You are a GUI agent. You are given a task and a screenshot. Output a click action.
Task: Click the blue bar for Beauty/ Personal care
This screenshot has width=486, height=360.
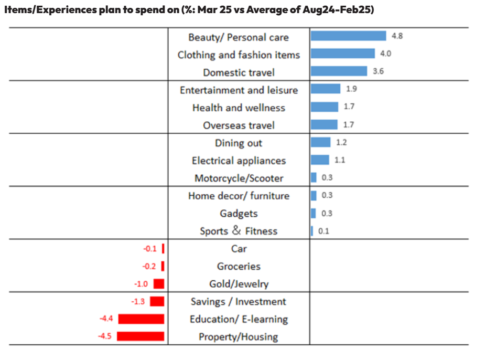point(348,36)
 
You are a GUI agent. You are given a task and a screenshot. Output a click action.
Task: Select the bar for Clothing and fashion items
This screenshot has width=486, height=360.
point(343,54)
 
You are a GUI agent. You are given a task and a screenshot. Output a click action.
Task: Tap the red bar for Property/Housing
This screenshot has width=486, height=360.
point(141,336)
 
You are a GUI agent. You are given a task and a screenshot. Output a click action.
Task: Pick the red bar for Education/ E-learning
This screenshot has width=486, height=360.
point(141,319)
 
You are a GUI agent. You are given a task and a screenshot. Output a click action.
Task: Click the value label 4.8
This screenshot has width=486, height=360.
point(397,36)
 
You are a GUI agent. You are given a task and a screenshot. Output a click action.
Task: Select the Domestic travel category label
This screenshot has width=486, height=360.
point(239,72)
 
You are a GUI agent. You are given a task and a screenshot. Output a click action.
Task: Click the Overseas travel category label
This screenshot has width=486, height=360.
point(239,125)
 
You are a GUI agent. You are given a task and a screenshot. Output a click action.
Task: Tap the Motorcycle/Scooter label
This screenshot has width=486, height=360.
point(239,178)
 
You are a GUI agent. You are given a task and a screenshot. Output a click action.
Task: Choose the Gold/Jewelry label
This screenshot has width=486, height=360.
point(239,284)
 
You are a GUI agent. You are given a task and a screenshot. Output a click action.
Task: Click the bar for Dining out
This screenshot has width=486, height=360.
point(320,142)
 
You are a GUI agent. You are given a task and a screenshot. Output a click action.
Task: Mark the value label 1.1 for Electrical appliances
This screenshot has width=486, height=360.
point(340,160)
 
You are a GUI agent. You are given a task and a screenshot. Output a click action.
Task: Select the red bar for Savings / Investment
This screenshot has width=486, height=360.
point(157,301)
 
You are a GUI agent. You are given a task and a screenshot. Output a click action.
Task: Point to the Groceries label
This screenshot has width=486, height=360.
point(239,266)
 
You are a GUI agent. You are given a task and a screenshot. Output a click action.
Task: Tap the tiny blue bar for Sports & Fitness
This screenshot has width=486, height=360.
point(312,231)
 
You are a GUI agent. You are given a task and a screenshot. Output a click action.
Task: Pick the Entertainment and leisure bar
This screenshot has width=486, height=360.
point(325,89)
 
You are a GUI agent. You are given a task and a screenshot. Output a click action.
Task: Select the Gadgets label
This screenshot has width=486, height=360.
point(239,214)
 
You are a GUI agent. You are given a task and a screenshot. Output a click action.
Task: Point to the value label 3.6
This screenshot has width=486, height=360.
point(378,71)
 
